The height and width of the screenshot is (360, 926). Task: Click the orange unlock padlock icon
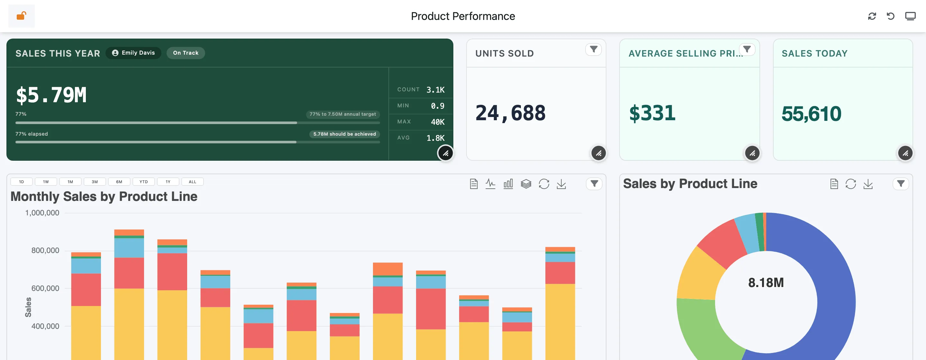[21, 16]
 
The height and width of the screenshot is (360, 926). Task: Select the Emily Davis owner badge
[133, 53]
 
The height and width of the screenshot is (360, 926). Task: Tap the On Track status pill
[186, 53]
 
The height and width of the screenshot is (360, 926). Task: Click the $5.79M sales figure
[51, 95]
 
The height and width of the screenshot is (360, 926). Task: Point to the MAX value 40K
[438, 122]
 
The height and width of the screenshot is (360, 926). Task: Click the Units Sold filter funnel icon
[594, 49]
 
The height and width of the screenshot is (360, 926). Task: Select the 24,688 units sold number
[511, 113]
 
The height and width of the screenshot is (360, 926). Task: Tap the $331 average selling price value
[652, 113]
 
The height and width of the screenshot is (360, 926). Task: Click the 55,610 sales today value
[811, 113]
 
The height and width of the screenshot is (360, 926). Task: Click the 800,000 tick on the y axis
[45, 250]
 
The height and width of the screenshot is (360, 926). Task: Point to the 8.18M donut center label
[766, 283]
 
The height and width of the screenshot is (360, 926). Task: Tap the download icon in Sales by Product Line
[868, 184]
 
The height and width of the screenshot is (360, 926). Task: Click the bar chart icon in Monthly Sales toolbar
[508, 184]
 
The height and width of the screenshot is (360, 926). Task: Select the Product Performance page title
[463, 16]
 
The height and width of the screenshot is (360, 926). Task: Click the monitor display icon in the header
[910, 16]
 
